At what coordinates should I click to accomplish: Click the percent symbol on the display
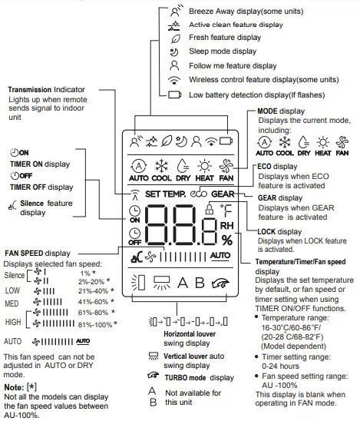(x=227, y=240)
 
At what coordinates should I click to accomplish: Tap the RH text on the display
(x=227, y=226)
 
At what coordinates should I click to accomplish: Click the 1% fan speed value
(x=85, y=272)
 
